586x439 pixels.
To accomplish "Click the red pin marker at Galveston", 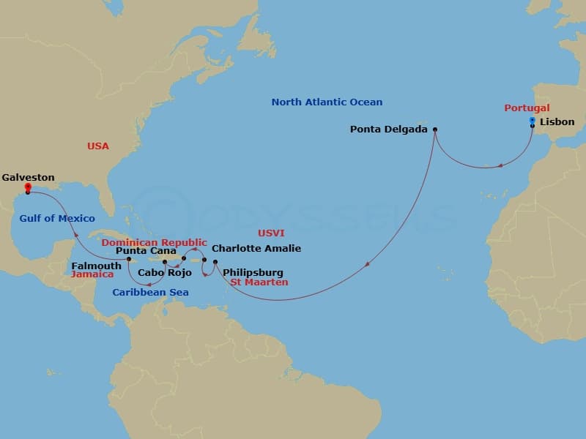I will pos(27,188).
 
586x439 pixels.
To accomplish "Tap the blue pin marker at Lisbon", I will pos(533,121).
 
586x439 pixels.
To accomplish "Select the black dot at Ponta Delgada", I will pos(435,130).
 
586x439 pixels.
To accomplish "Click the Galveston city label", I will pos(28,177).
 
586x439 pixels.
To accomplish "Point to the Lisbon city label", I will pos(557,122).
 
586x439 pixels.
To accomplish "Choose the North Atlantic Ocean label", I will pos(327,102).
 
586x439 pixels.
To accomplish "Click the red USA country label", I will pos(98,146).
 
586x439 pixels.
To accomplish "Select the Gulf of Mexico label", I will pos(58,218).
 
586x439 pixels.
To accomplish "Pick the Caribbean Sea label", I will pos(150,293).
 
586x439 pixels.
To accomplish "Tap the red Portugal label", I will pos(527,108).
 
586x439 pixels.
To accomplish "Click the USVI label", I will pos(270,233).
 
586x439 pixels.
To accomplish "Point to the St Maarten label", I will pos(259,282).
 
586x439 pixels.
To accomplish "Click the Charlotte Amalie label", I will pos(256,249).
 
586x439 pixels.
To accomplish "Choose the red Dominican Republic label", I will pos(155,242).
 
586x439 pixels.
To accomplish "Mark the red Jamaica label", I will pos(92,274).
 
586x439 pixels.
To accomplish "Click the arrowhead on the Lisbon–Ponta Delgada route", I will pos(500,165).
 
